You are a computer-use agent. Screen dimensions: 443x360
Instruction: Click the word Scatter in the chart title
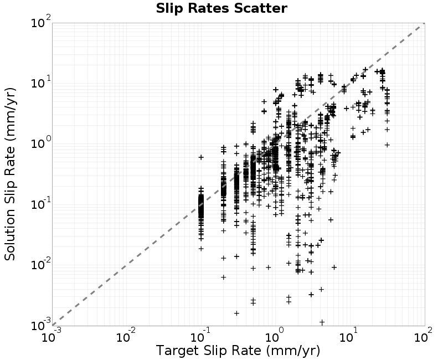pos(260,8)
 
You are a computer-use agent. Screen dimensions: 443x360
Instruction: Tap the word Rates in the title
pos(209,8)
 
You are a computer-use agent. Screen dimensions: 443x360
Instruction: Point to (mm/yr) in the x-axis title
pos(293,351)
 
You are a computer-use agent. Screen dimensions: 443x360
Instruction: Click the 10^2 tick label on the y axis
pos(40,22)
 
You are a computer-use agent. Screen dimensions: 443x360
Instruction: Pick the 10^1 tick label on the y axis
pos(40,83)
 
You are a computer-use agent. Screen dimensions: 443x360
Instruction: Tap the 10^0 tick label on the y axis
pos(40,143)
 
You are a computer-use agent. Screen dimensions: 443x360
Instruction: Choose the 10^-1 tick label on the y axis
pos(40,204)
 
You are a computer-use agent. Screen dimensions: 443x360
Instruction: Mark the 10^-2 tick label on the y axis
pos(40,265)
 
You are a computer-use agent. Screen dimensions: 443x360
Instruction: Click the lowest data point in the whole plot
pos(322,322)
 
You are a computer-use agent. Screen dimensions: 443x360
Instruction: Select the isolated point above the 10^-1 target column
pos(201,157)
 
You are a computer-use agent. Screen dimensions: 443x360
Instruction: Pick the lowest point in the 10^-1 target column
pos(201,249)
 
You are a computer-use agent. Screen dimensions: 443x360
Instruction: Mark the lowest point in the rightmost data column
pos(387,145)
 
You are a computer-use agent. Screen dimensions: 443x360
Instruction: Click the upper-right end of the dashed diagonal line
pos(425,23)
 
